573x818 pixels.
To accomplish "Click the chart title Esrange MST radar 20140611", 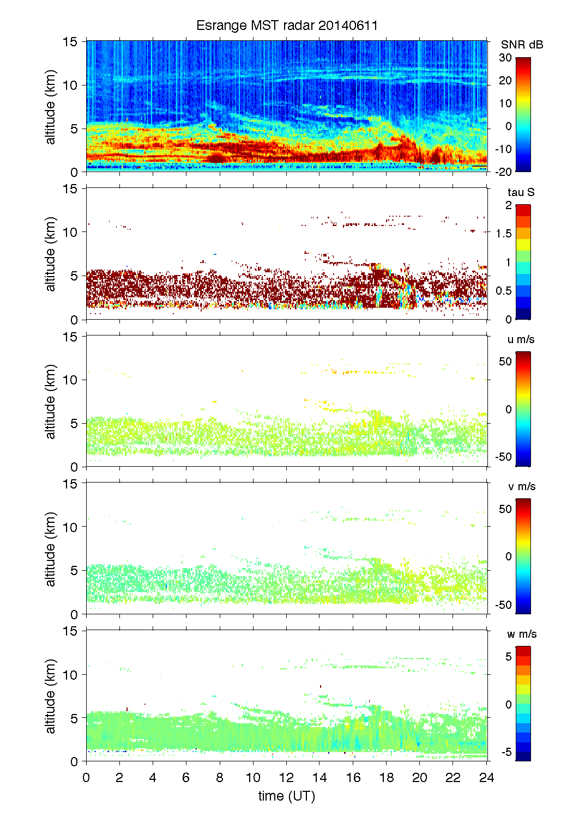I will (287, 26).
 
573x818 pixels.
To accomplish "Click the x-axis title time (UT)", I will (287, 796).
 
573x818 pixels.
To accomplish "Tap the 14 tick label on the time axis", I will (320, 778).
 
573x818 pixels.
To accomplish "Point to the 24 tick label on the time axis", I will (486, 778).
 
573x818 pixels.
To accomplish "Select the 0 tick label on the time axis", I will (86, 778).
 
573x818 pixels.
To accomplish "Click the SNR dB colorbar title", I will (522, 45).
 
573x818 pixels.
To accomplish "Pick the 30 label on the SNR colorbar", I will (505, 58).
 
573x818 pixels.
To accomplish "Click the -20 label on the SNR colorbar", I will (504, 172).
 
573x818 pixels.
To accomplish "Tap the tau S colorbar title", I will (521, 192).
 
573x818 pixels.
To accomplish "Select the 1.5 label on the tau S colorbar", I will (504, 234).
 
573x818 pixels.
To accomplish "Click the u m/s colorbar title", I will (521, 339).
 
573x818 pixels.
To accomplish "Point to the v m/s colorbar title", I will (521, 486).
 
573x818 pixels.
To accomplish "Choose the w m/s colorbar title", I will (522, 634).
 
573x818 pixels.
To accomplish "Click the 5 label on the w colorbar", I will (508, 657).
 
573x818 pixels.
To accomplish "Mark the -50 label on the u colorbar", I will (504, 457).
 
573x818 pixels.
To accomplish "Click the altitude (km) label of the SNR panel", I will (51, 107).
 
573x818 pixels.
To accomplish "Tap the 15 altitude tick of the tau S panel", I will (70, 189).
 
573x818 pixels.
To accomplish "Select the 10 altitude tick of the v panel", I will (70, 527).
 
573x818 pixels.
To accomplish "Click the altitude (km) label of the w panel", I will (51, 696).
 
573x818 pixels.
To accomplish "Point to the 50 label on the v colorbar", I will (505, 509).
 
